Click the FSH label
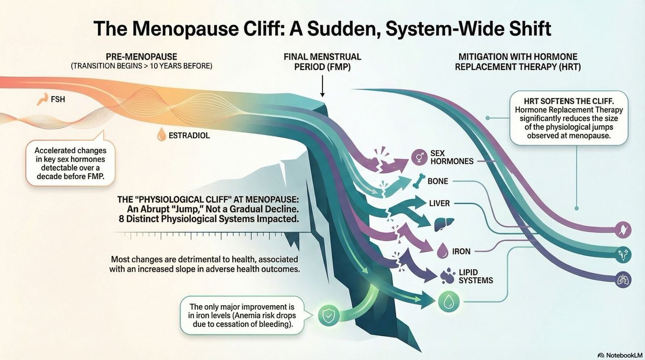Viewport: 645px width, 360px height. coord(58,99)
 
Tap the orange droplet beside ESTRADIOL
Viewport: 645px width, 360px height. coord(162,134)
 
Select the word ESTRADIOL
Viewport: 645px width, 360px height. coord(189,135)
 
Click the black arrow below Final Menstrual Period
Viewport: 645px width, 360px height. coord(322,86)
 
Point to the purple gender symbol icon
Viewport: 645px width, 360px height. coord(419,157)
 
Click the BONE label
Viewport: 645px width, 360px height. coord(438,181)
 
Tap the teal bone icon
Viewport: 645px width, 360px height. coord(419,181)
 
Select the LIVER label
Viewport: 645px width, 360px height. coord(440,203)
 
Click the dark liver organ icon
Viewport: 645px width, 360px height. coord(444,224)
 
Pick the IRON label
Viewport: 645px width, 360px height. coord(461,251)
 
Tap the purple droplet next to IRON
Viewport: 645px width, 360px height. coord(442,250)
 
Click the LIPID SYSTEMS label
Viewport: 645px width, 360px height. coord(476,276)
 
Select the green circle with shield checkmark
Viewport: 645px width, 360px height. coord(328,316)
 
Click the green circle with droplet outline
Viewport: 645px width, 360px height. coord(449,301)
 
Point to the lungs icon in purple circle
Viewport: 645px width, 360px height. coord(623,280)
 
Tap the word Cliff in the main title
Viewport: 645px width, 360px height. coord(261,28)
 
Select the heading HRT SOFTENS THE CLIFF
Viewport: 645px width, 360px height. coord(569,101)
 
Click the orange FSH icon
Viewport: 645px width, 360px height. coord(42,99)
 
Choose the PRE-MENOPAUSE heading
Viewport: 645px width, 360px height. coord(141,56)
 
